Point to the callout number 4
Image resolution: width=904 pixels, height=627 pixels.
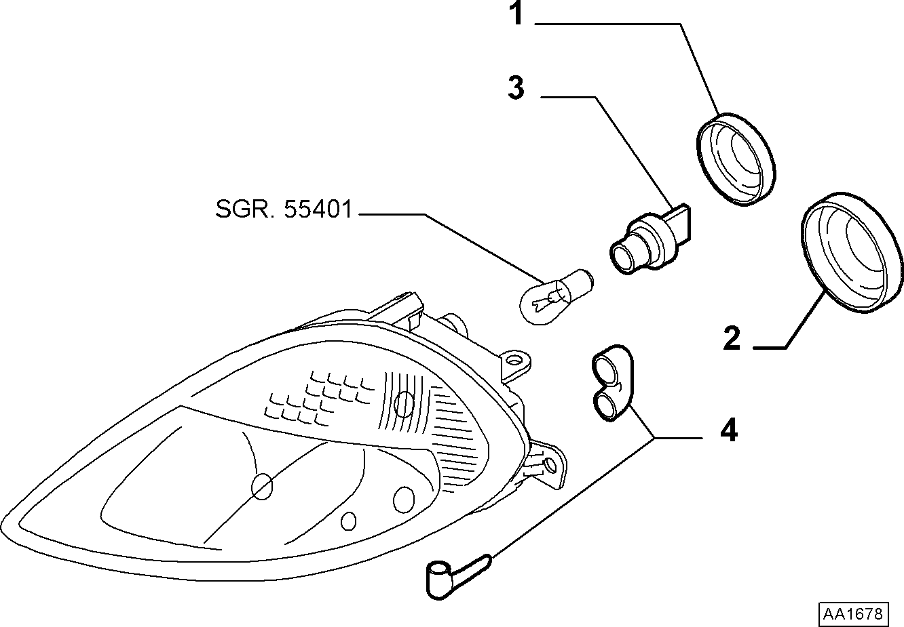[729, 430]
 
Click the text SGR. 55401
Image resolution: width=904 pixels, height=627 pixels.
[284, 209]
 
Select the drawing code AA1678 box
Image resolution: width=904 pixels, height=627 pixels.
[852, 613]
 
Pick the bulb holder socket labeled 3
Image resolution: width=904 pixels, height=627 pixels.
[650, 241]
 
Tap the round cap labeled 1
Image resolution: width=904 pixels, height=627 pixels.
[736, 159]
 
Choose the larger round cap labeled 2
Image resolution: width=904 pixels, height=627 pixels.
[852, 253]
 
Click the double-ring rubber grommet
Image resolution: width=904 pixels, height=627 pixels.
[611, 382]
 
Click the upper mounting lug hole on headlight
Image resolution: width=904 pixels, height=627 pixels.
[513, 360]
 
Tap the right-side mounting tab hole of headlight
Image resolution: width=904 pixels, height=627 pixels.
[550, 466]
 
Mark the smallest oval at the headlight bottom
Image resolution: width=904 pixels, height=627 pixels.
[348, 521]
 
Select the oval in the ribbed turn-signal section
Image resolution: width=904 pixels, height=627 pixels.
[404, 404]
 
